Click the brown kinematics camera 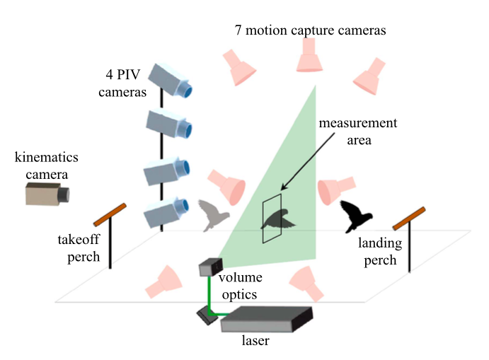[47, 194]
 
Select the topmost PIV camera [170, 80]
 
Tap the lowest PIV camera [166, 211]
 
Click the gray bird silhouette [213, 216]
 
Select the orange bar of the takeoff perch [110, 215]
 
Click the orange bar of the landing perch [409, 219]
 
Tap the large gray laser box [267, 319]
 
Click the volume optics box [211, 267]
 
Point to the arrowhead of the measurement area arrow [283, 187]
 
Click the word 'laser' [255, 340]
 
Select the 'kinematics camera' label [47, 166]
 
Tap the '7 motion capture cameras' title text [310, 30]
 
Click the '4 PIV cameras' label [122, 83]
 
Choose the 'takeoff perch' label [79, 248]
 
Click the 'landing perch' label [380, 251]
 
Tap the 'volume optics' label [240, 286]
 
